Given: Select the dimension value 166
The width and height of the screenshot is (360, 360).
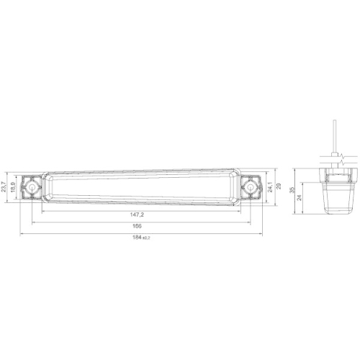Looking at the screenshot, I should [x=137, y=227].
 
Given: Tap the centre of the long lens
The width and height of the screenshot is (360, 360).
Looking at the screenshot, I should [x=141, y=187].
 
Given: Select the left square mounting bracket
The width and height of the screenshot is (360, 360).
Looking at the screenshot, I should [x=32, y=187].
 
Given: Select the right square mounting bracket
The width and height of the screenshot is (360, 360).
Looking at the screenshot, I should [x=251, y=187].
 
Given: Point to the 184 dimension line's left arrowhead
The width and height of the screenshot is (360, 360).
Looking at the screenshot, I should [x=21, y=234].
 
